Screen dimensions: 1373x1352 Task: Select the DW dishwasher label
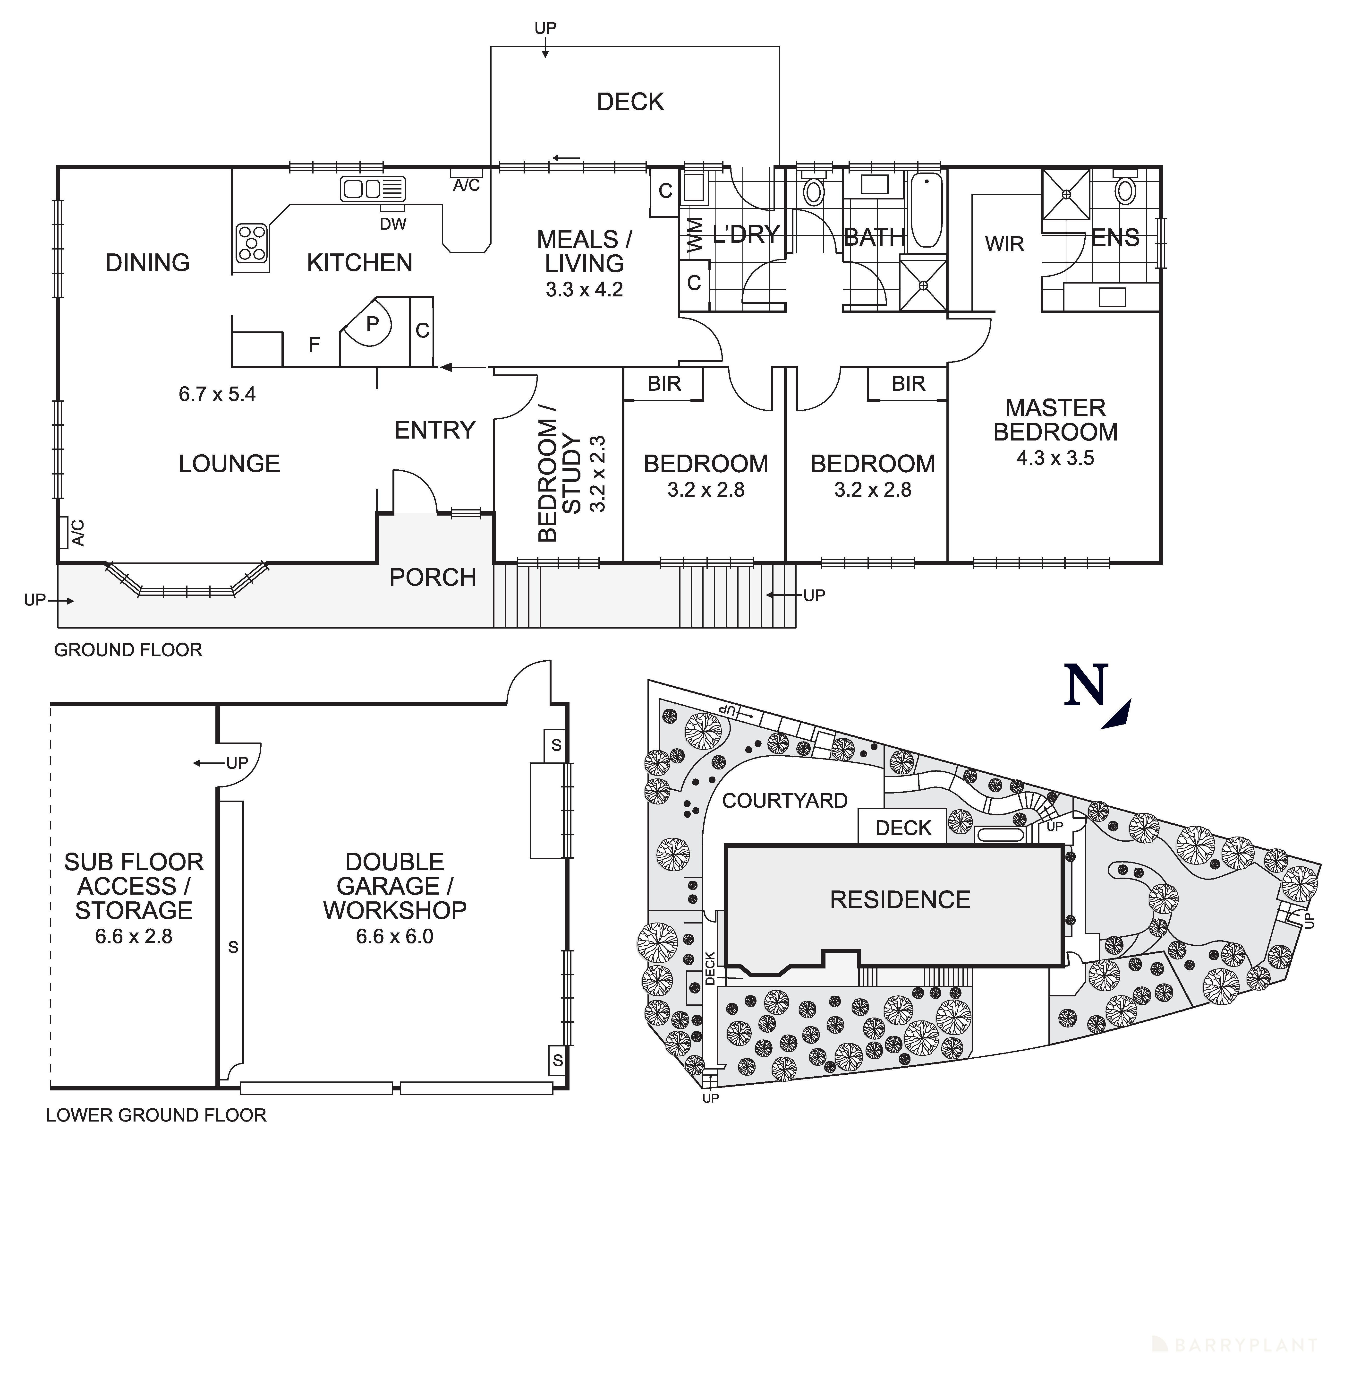pos(393,224)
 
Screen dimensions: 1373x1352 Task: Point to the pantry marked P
pos(371,324)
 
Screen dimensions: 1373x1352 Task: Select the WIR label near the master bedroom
pos(1004,244)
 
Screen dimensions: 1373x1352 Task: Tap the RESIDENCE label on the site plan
pos(900,900)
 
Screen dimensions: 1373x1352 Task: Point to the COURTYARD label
pos(785,801)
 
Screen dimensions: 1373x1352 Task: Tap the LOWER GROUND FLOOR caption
pos(156,1115)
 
